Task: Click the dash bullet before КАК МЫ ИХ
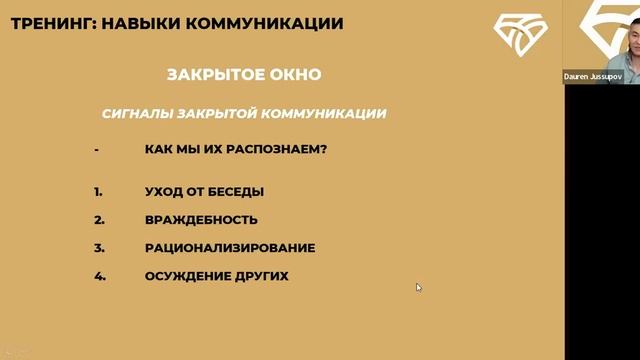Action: [x=96, y=150]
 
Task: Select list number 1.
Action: [x=98, y=192]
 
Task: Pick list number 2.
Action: [x=99, y=220]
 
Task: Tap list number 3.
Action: [x=99, y=248]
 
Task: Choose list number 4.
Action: [x=99, y=276]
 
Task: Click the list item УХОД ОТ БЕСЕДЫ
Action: [x=204, y=192]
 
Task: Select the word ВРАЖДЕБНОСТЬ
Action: [x=201, y=220]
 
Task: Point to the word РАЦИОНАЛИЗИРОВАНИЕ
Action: [x=230, y=248]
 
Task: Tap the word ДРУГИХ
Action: [x=261, y=276]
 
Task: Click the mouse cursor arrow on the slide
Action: [x=418, y=287]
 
